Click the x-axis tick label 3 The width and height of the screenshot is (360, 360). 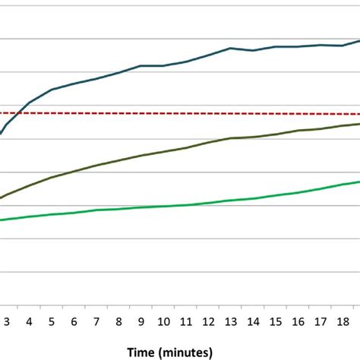pos(7,321)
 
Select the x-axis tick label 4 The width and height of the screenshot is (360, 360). pos(29,321)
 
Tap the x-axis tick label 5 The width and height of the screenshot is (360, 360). pos(52,321)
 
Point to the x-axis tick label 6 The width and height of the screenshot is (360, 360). pos(74,321)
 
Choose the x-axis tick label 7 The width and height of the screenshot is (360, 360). pos(96,321)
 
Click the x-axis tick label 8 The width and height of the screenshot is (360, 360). pos(118,321)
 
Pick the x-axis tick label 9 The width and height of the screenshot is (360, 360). pos(141,321)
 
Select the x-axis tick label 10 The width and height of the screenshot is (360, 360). pos(163,321)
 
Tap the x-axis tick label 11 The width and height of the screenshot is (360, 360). pos(186,321)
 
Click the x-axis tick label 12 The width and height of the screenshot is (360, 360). pos(208,321)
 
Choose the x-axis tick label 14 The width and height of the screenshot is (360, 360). pos(253,321)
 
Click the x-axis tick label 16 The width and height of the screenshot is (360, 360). pos(298,321)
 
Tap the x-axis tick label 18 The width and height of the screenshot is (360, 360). pos(343,321)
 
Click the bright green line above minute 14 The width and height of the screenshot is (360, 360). pos(253,198)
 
